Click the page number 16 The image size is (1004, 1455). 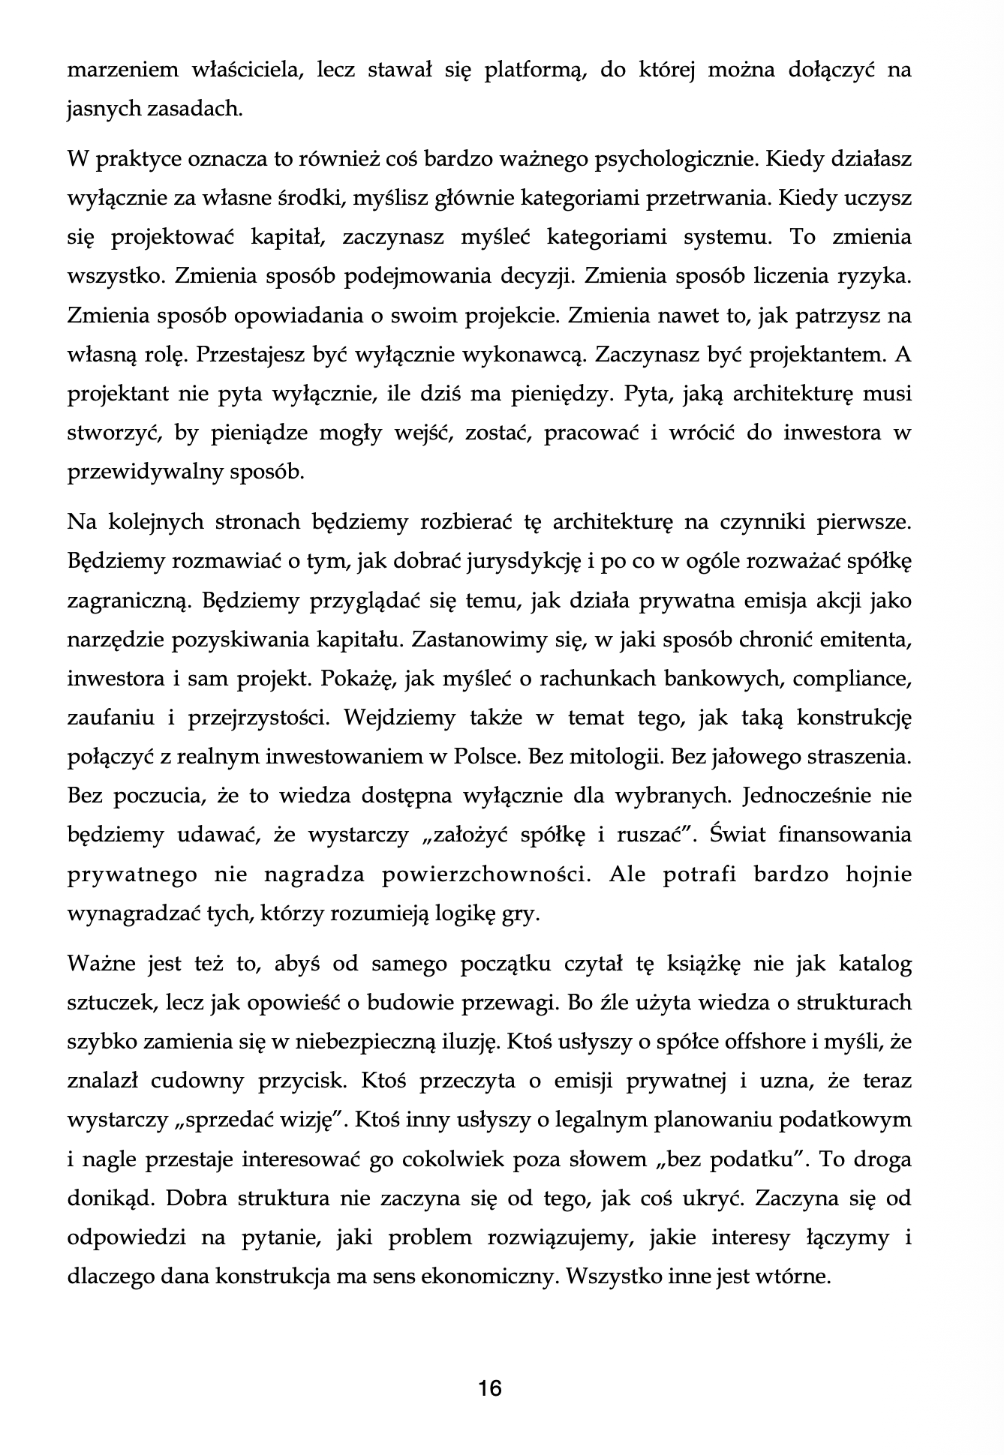pyautogui.click(x=489, y=1388)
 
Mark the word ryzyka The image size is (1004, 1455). pyautogui.click(x=874, y=276)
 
